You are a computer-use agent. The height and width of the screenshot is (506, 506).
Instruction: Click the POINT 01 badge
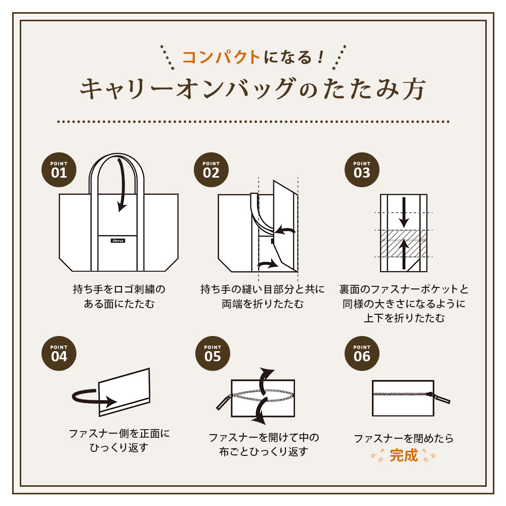click(59, 170)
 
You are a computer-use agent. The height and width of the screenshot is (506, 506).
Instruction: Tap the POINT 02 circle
click(211, 170)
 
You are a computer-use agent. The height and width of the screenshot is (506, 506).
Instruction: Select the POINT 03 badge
click(362, 170)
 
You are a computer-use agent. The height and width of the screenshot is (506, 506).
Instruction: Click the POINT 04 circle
click(59, 353)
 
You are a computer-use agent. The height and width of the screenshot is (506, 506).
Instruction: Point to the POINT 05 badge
click(213, 353)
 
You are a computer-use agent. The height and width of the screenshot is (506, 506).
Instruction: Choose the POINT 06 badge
click(362, 353)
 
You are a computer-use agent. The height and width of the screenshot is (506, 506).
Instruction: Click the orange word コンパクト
click(222, 57)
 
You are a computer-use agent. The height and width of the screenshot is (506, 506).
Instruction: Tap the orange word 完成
click(404, 455)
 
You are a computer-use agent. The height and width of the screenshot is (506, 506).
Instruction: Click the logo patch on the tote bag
click(118, 241)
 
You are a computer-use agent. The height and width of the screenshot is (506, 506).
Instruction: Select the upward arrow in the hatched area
click(404, 254)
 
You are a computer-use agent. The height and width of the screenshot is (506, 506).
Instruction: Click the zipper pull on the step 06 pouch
click(439, 397)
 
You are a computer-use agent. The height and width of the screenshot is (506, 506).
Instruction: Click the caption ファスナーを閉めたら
click(404, 438)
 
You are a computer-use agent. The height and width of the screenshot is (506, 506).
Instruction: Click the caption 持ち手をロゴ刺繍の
click(119, 289)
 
